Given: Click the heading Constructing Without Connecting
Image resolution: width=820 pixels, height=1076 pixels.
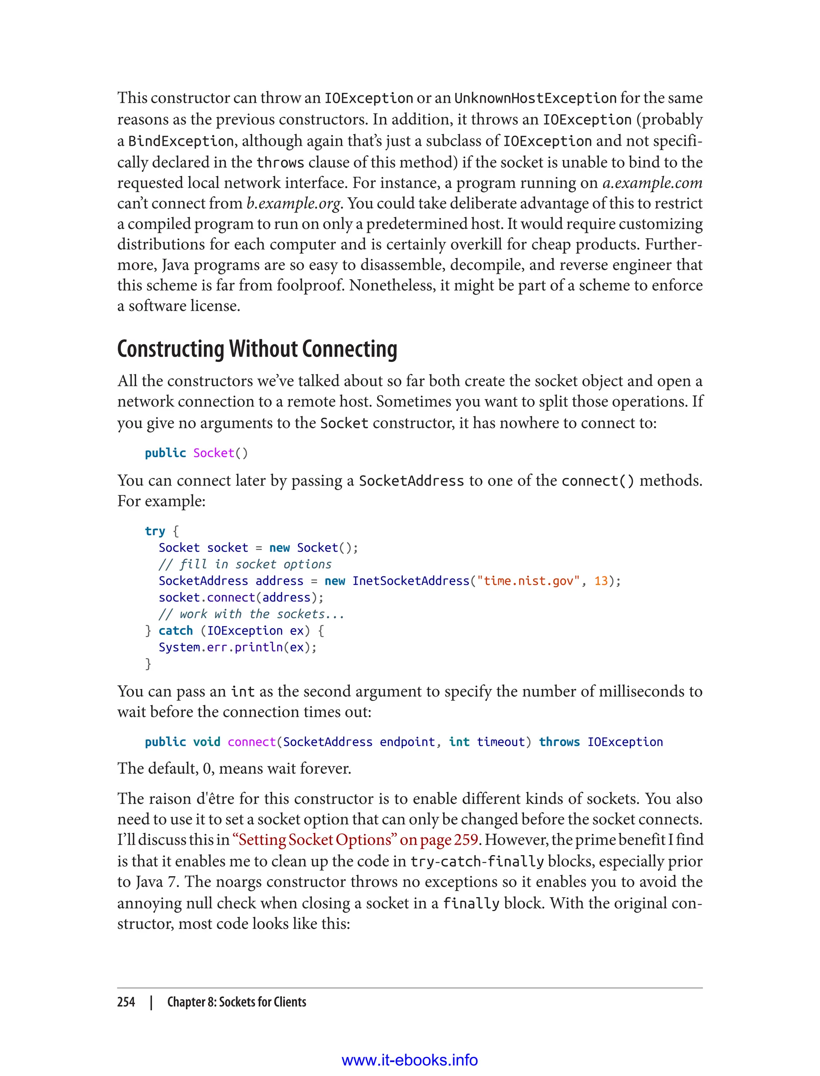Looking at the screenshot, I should pos(257,349).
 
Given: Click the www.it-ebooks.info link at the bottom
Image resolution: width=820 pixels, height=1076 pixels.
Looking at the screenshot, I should pos(410,1060).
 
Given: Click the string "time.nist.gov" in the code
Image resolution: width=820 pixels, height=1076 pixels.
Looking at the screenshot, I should pos(528,581).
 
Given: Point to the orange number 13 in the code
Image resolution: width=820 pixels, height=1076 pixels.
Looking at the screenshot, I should pos(601,581).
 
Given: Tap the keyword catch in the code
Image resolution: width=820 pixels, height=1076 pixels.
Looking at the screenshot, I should pos(176,631).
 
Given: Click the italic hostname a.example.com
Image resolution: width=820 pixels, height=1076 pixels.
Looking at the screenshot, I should pos(652,183).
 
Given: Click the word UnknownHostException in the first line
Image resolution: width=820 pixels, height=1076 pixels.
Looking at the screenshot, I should pos(535,98).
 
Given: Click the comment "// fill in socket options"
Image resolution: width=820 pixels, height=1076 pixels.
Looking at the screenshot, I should pos(245,564).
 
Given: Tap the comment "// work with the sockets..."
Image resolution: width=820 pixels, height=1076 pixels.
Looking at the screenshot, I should pos(251,614).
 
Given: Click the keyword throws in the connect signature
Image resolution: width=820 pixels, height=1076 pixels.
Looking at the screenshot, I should pos(559,742).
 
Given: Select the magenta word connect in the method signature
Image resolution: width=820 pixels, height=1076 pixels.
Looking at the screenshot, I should pos(252,742).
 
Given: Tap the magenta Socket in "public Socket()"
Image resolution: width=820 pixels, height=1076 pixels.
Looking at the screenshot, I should pos(214,453).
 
